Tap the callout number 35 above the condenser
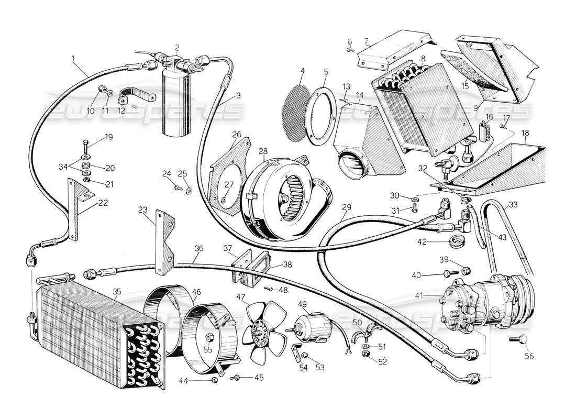(x=117, y=292)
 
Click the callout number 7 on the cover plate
(x=366, y=41)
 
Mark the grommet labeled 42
(x=458, y=243)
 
